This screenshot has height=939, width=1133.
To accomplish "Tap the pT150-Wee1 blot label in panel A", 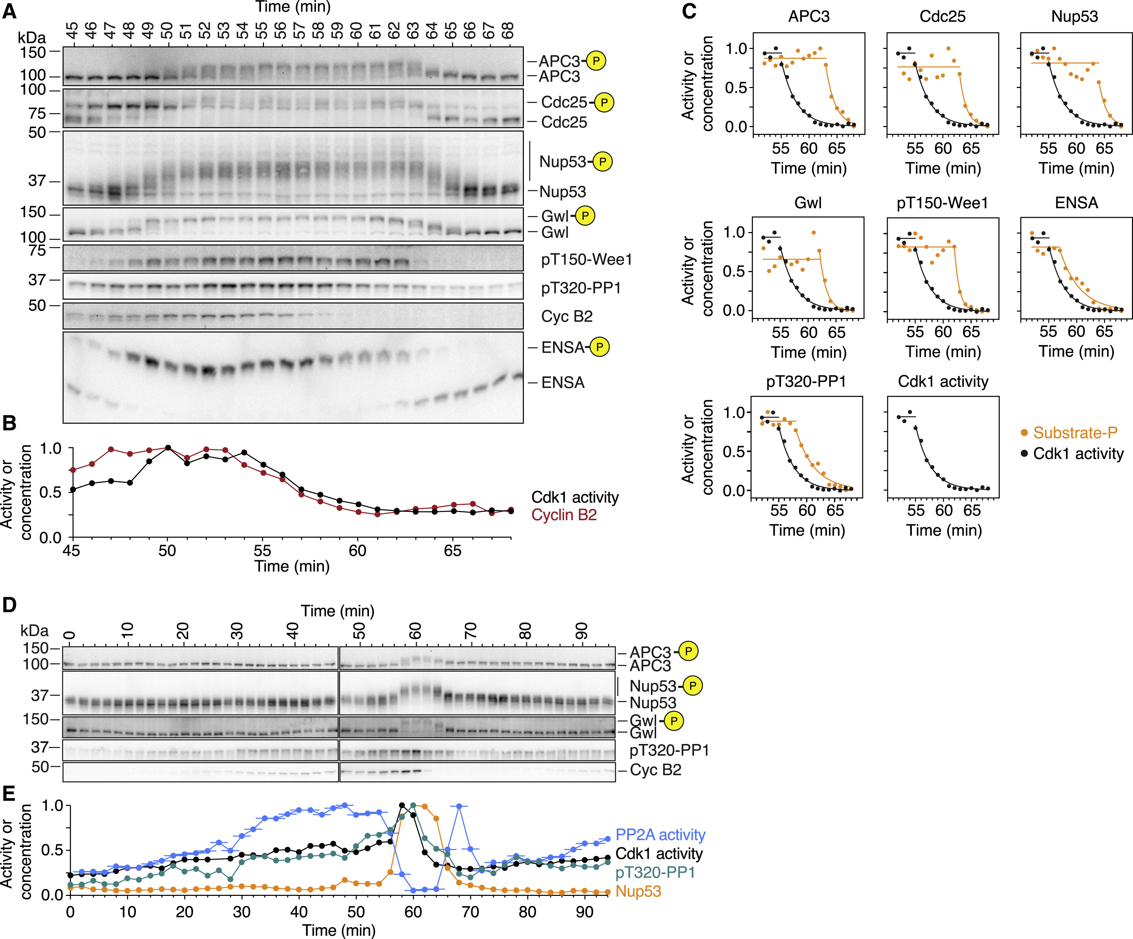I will [x=586, y=260].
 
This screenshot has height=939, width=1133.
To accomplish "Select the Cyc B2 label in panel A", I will [x=567, y=316].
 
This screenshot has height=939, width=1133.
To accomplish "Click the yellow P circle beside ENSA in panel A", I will [x=599, y=347].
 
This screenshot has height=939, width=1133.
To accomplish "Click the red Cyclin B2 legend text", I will [x=564, y=515].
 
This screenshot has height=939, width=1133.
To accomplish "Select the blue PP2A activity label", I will [x=660, y=835].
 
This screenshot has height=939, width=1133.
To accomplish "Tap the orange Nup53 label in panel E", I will [x=638, y=891].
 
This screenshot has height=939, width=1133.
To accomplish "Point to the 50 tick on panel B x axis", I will [x=167, y=550].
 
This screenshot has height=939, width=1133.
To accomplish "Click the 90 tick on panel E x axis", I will [x=584, y=912].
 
